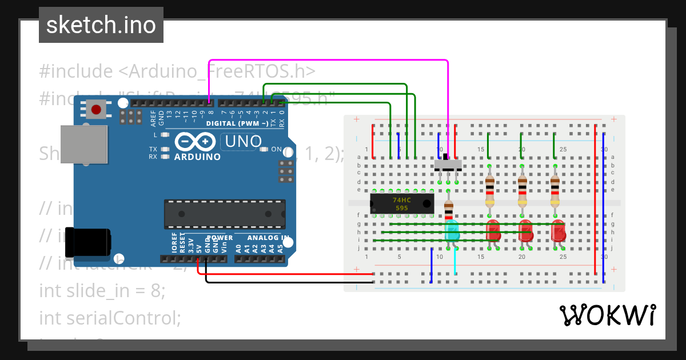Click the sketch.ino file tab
click(x=101, y=25)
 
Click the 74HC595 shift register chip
click(x=401, y=204)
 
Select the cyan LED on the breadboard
click(x=452, y=230)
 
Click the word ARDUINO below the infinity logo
click(x=197, y=157)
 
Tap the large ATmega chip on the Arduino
click(x=225, y=214)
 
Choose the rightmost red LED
click(x=558, y=231)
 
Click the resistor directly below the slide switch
click(x=448, y=209)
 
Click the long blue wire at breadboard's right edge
click(x=604, y=206)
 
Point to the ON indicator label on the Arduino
click(x=276, y=149)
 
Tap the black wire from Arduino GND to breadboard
click(x=286, y=282)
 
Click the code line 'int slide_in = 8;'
click(x=102, y=290)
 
